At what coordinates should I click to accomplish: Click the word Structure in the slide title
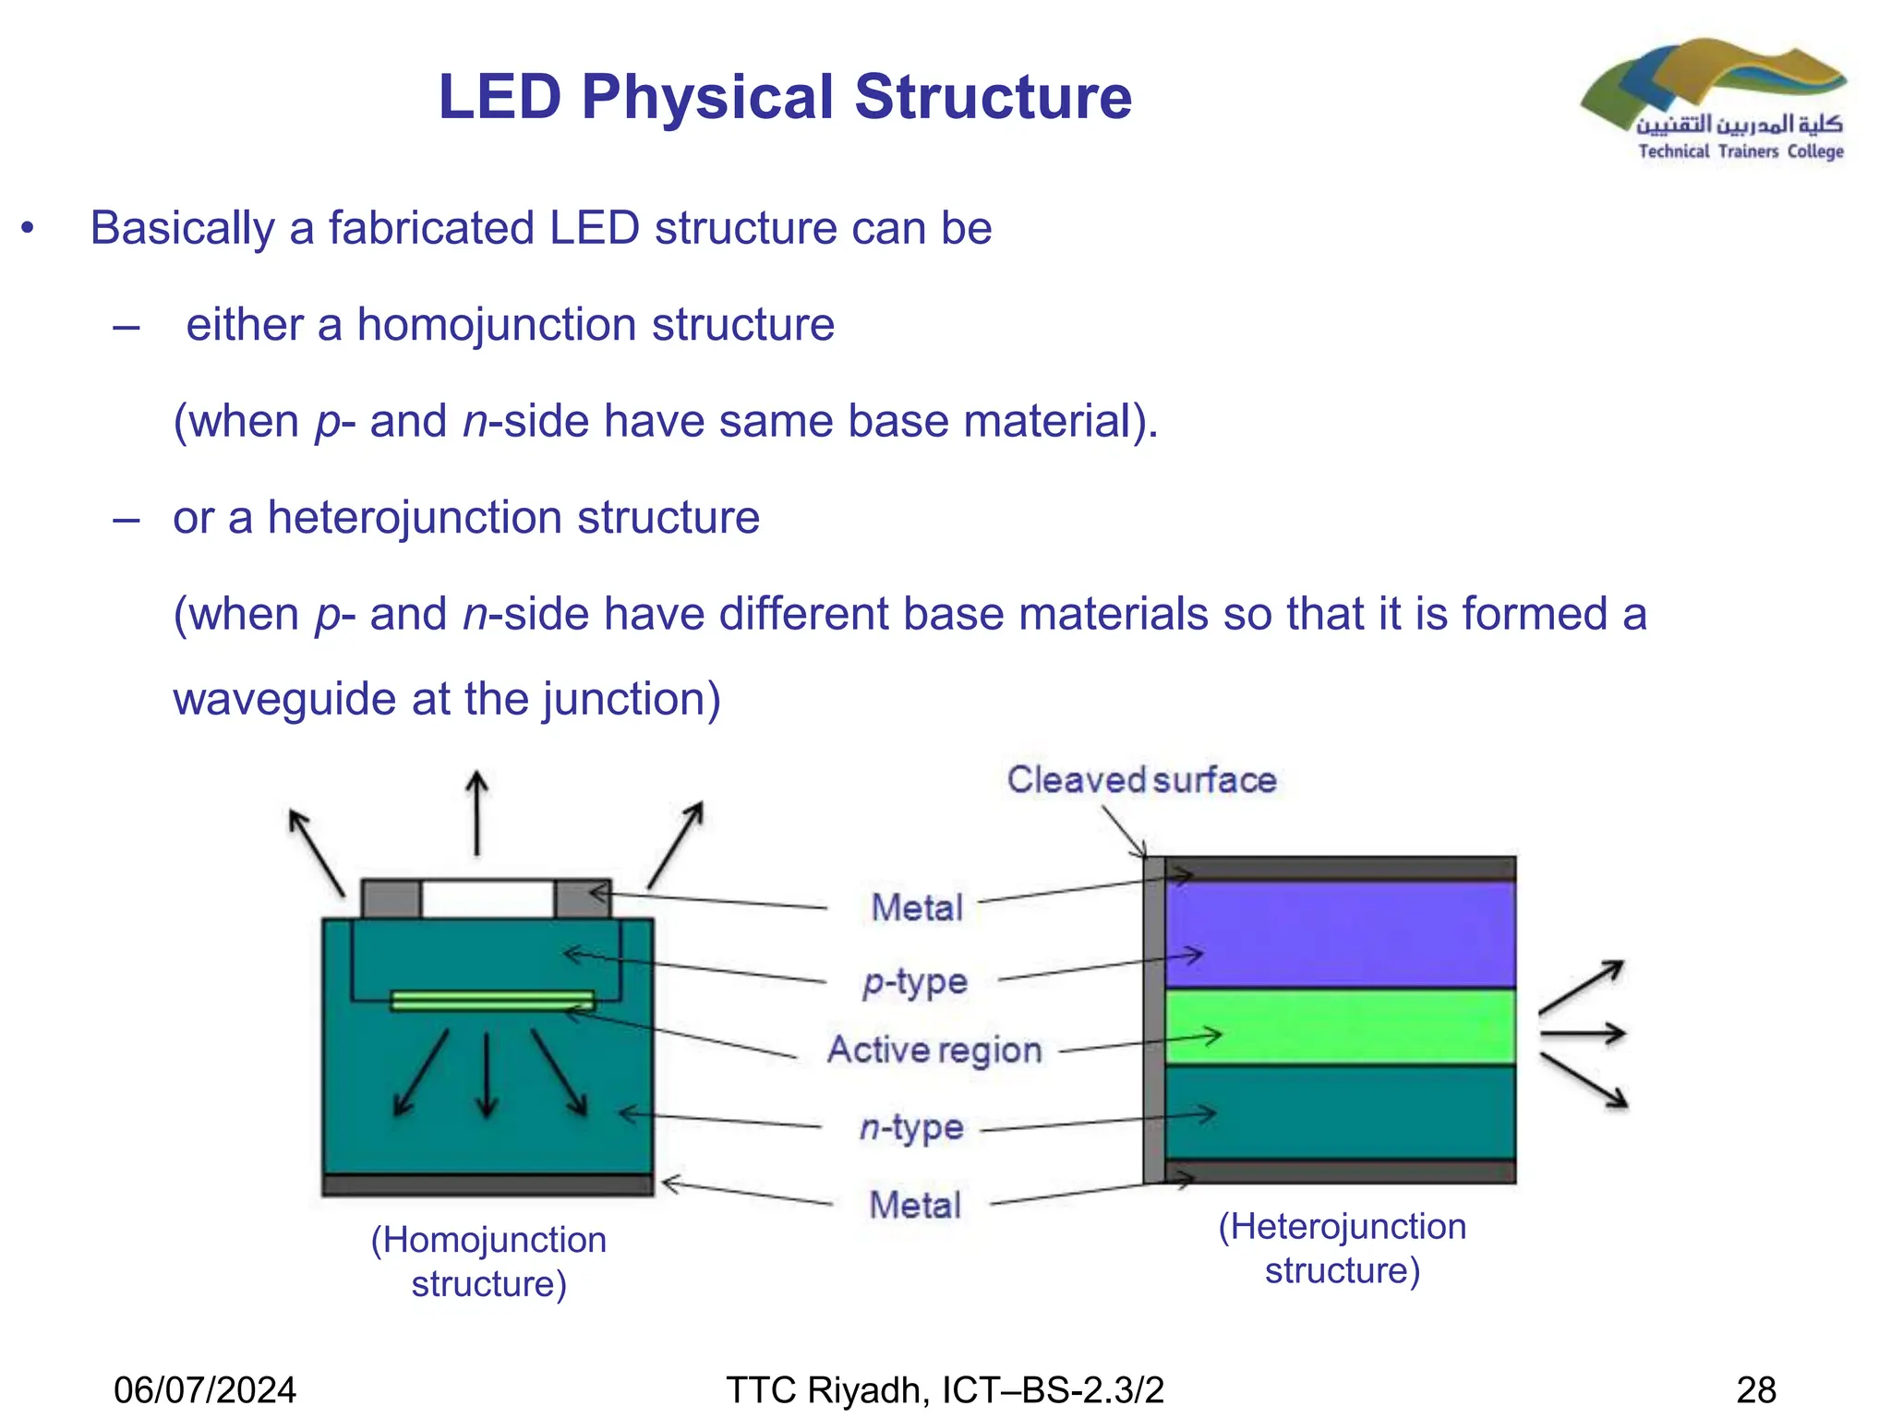[x=993, y=97]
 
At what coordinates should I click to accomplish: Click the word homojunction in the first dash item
[x=496, y=325]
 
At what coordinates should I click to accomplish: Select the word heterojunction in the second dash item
[x=415, y=517]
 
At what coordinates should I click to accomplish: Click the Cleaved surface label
[x=1141, y=780]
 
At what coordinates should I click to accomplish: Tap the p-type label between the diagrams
[x=915, y=981]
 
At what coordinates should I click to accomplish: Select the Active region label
[x=934, y=1051]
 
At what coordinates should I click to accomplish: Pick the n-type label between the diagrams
[x=911, y=1127]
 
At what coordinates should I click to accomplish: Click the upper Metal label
[x=917, y=907]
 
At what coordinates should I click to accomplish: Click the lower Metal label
[x=915, y=1205]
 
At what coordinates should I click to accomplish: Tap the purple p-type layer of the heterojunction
[x=1339, y=934]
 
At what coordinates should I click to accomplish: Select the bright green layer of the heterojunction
[x=1339, y=1027]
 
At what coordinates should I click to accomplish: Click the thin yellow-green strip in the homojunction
[x=492, y=1001]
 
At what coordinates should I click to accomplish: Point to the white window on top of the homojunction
[x=487, y=898]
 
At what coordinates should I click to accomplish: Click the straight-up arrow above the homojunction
[x=476, y=812]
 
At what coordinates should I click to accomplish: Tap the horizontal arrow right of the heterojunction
[x=1582, y=1033]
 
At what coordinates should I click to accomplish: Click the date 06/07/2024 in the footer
[x=205, y=1389]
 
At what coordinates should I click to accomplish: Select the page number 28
[x=1756, y=1389]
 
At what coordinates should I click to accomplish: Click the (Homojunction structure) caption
[x=488, y=1261]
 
